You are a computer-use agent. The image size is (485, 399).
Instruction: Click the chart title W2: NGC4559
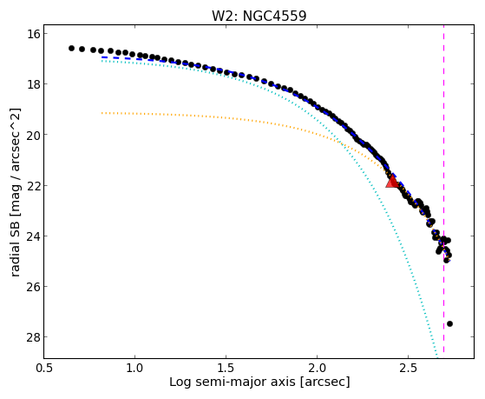click(259, 16)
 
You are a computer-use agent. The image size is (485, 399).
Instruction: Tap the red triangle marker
click(392, 182)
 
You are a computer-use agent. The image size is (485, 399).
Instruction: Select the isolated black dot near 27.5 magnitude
click(449, 323)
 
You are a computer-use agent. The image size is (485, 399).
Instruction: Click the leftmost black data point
click(71, 48)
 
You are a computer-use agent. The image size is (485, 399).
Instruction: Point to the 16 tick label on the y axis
click(34, 34)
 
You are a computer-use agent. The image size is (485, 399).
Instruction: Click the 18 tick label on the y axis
click(34, 84)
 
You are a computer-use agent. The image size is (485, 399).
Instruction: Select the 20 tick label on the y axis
click(34, 135)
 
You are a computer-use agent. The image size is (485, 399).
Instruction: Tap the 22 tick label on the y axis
click(34, 185)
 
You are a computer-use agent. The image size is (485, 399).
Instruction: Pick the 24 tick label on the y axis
click(34, 236)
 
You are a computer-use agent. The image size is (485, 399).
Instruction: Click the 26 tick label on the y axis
click(34, 287)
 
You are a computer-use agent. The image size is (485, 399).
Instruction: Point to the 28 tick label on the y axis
click(34, 337)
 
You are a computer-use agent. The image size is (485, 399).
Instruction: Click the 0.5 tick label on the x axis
click(44, 369)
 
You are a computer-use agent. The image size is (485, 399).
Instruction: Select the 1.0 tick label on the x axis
click(134, 369)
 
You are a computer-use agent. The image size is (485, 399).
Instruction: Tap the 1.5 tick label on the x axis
click(226, 369)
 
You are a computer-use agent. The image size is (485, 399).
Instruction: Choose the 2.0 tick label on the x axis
click(318, 369)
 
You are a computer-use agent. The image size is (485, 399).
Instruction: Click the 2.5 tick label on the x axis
click(409, 369)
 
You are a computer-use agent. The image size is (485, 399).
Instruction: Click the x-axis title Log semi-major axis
click(232, 382)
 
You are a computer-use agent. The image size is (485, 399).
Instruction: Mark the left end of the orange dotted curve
click(102, 113)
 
